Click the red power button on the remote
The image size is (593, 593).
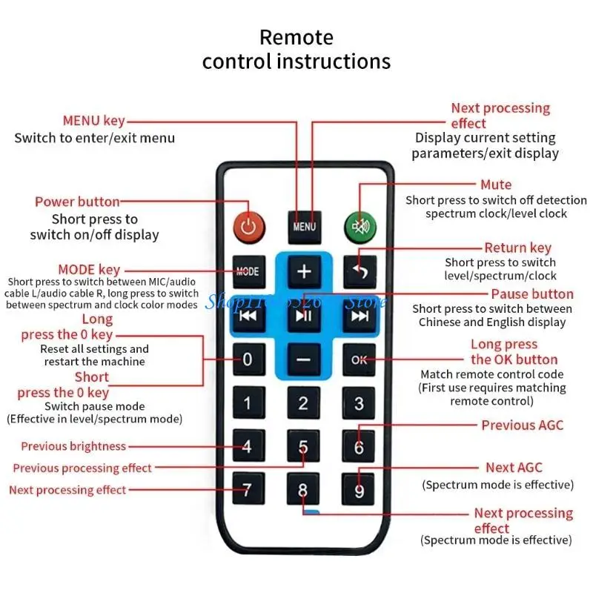pos(248,225)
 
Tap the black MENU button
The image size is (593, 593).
pos(304,226)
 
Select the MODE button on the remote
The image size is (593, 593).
pos(248,271)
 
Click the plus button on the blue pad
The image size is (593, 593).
pos(304,271)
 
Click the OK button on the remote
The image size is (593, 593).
pos(359,360)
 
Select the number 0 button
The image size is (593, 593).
pos(248,360)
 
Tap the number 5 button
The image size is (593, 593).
pos(304,446)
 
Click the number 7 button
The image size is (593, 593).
pos(248,490)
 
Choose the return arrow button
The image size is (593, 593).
pos(359,271)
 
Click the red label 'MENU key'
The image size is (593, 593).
pos(93,121)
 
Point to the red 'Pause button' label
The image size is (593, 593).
pos(532,294)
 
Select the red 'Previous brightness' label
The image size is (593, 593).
pos(73,446)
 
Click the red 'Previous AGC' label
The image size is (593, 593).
pos(522,425)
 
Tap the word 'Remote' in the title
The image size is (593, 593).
pos(296,37)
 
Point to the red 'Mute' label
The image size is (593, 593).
pos(496,185)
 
